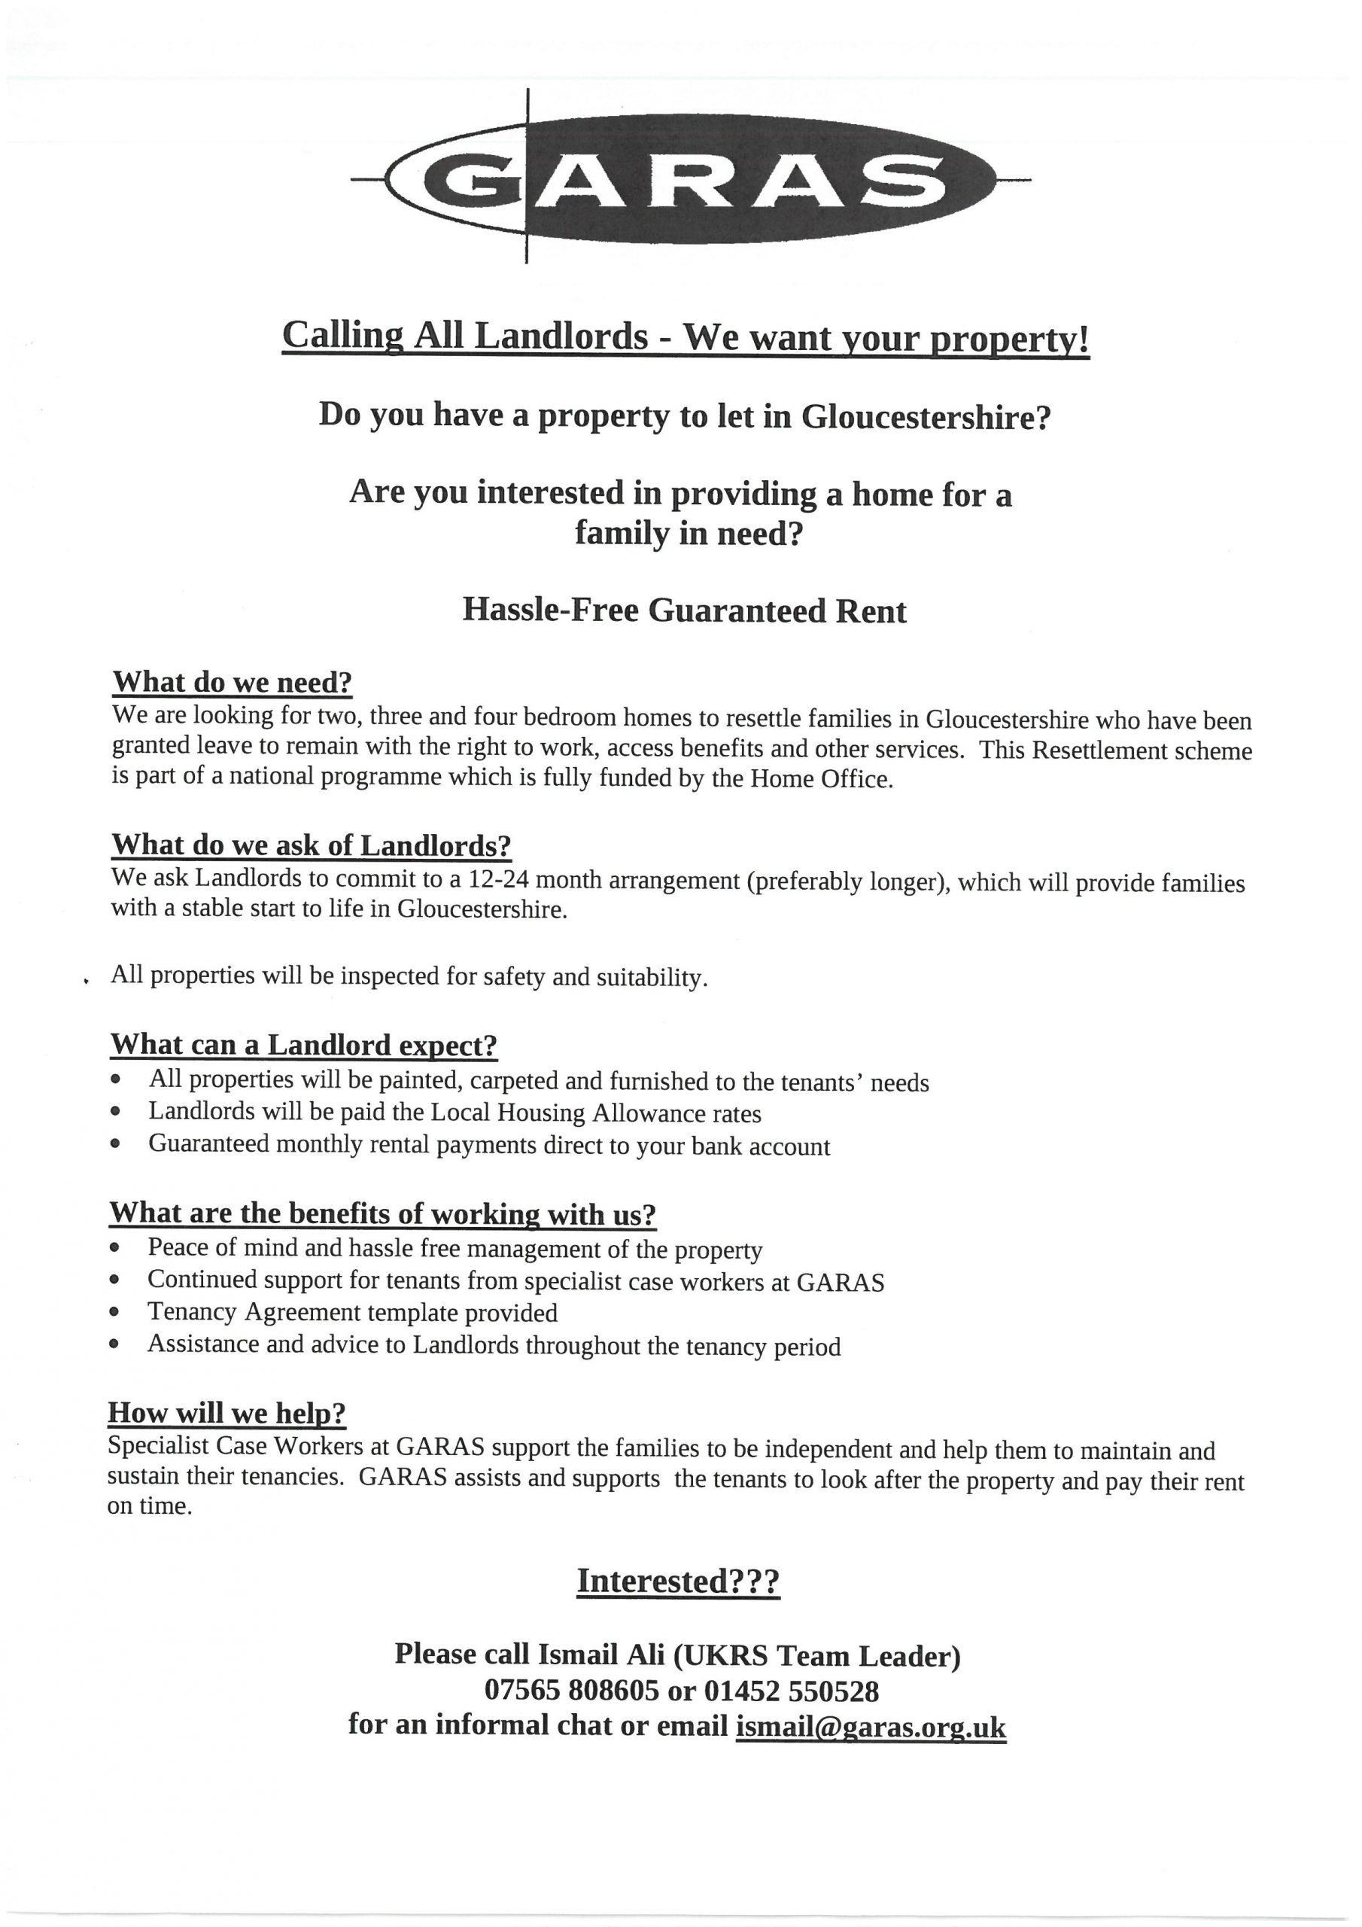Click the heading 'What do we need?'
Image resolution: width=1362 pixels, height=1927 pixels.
tap(233, 681)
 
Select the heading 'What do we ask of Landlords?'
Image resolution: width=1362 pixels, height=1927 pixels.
tap(312, 845)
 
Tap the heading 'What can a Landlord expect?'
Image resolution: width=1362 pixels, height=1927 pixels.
tap(304, 1045)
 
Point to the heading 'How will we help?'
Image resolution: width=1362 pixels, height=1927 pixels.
tap(226, 1413)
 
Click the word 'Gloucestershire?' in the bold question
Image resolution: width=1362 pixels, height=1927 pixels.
tap(926, 416)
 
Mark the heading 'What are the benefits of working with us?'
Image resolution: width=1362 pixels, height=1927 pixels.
tap(383, 1213)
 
